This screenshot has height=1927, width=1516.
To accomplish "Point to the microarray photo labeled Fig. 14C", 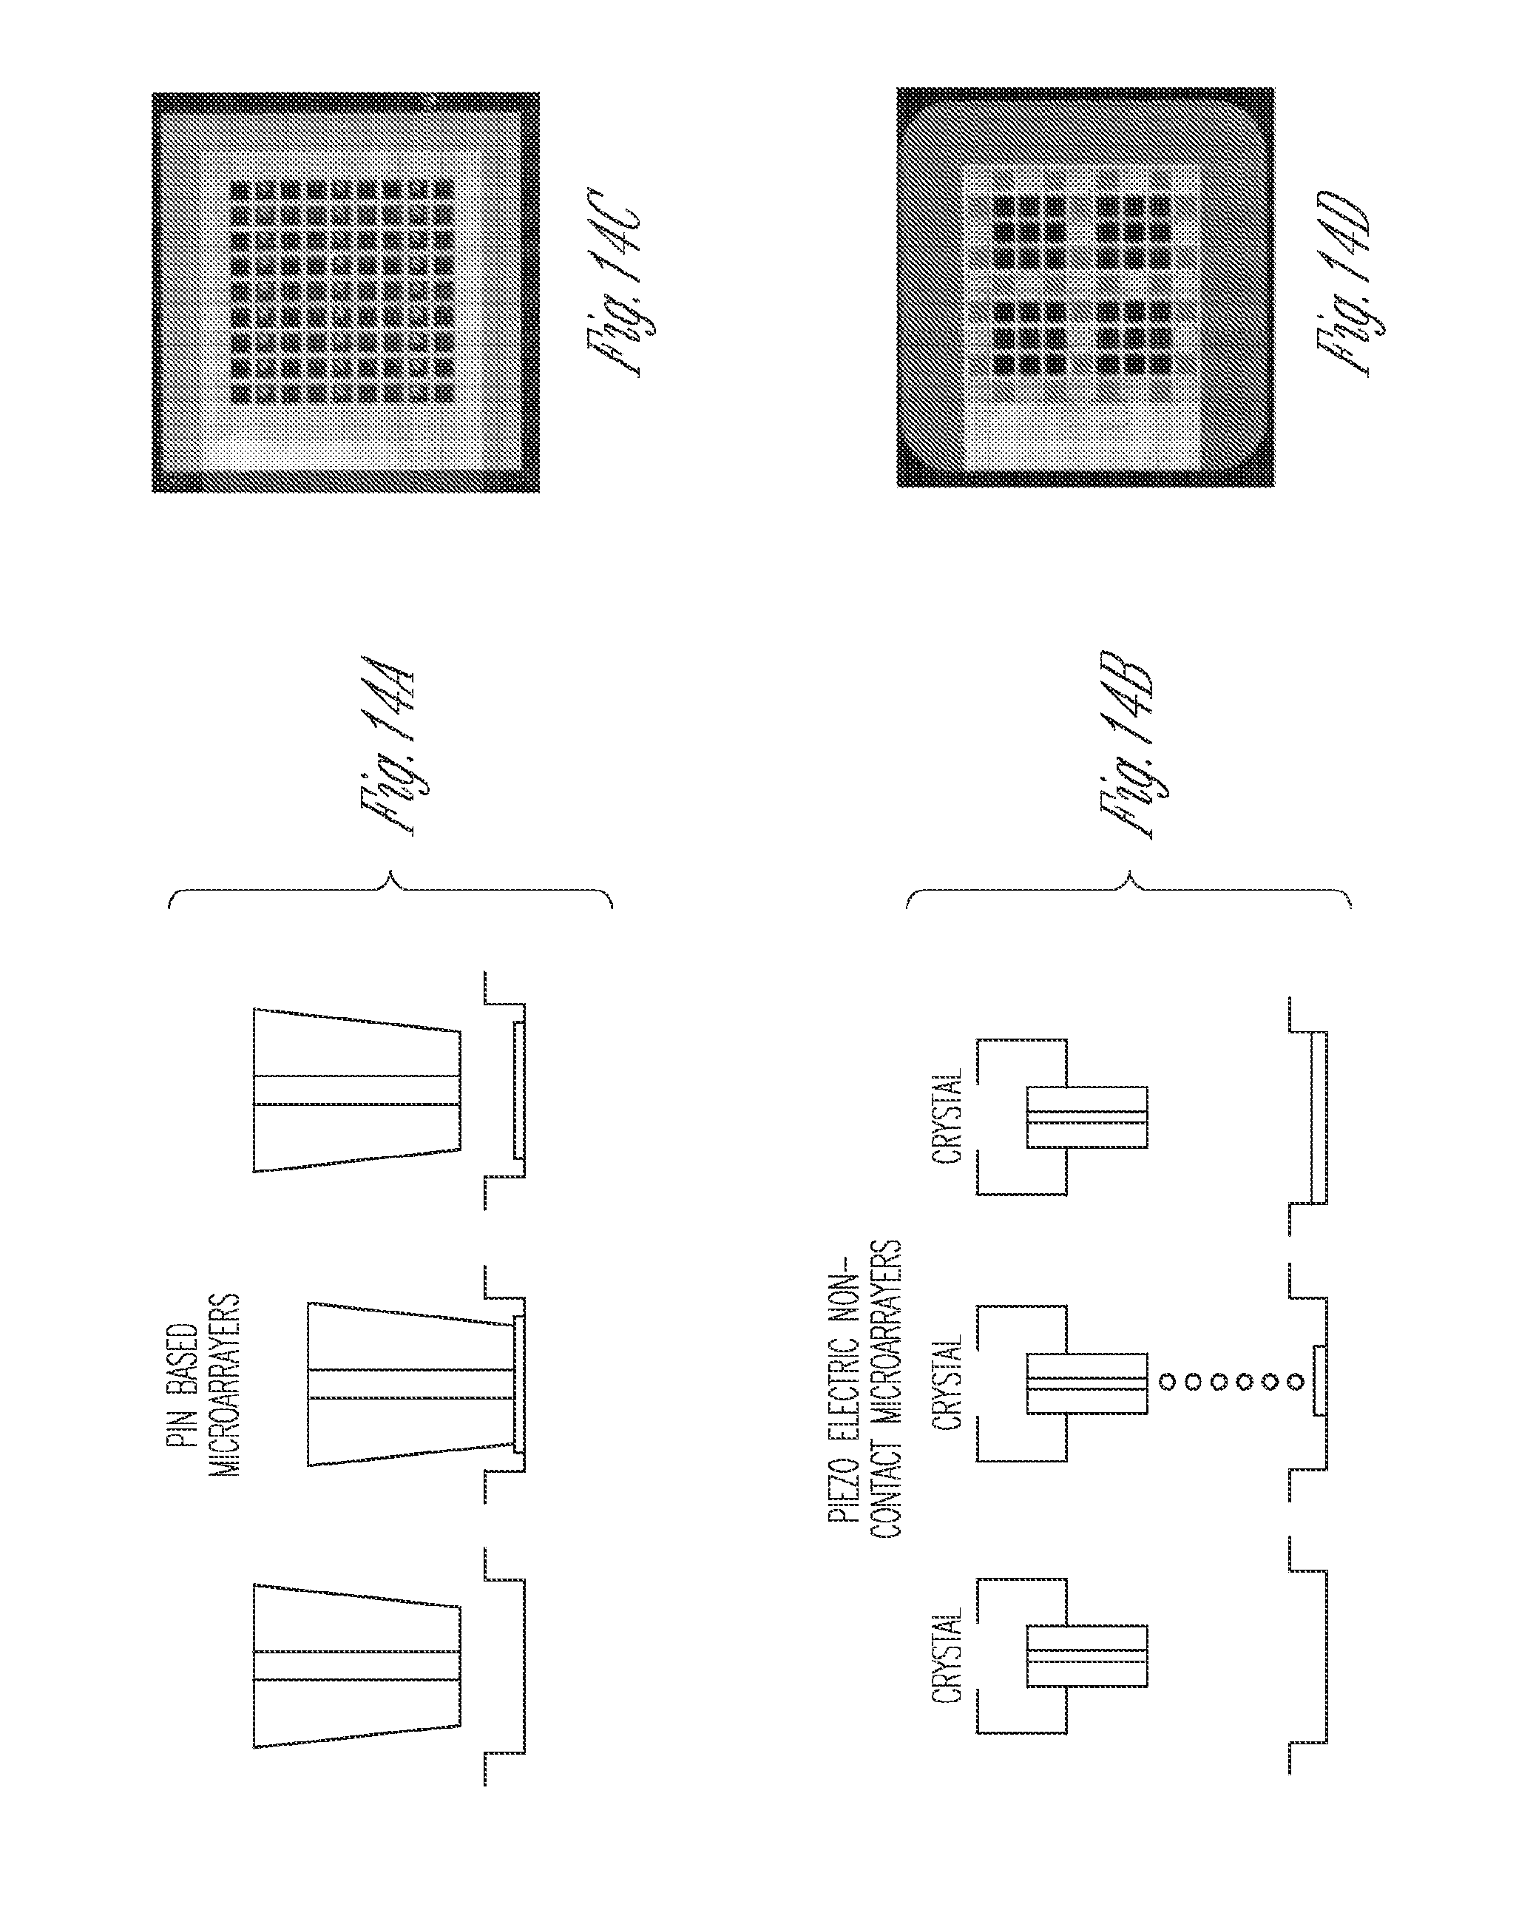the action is point(345,292).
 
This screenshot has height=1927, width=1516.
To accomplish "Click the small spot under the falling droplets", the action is point(1320,1382).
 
